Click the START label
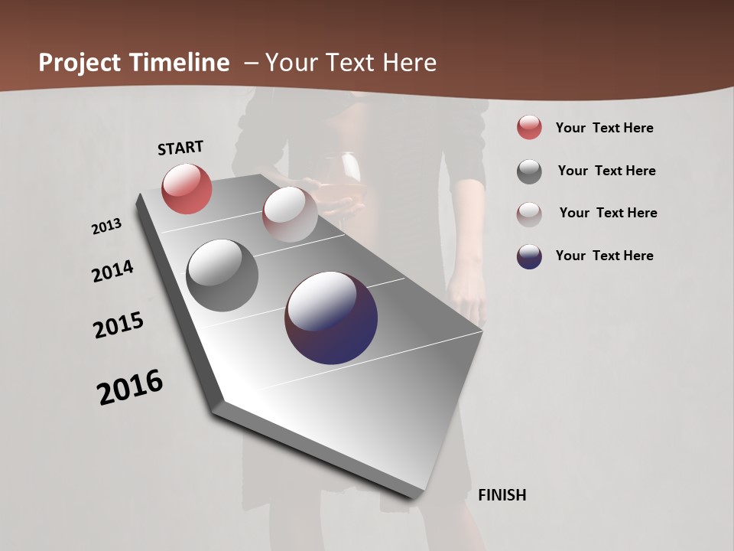point(180,148)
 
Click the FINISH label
point(502,495)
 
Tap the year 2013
point(107,226)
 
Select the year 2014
point(113,271)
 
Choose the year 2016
point(130,387)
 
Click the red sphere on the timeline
point(187,188)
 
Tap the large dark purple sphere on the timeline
point(331,318)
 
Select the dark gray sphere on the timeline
point(222,275)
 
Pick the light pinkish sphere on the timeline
point(290,214)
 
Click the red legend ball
point(529,127)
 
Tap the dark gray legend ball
point(529,171)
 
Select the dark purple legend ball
point(529,256)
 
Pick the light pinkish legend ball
point(529,214)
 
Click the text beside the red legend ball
point(604,128)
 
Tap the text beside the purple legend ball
point(604,256)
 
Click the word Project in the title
point(80,63)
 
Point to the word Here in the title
point(409,63)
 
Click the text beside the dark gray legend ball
point(606,171)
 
